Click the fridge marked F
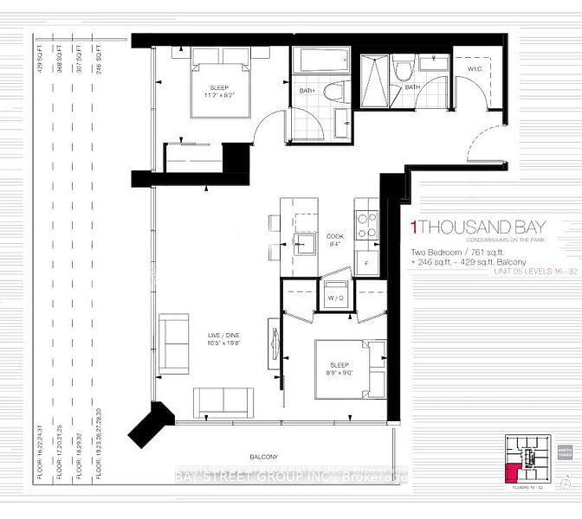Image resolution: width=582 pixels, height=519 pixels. [366, 261]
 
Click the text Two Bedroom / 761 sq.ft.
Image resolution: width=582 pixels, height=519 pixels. [449, 252]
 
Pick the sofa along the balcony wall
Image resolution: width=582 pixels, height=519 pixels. [223, 401]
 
